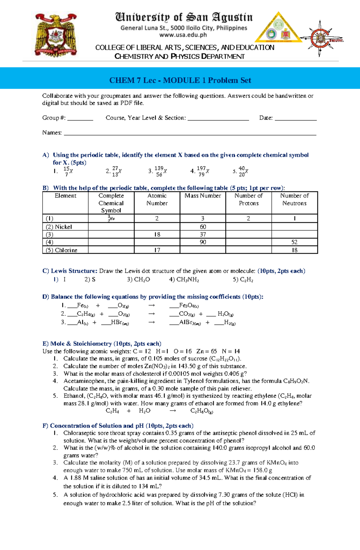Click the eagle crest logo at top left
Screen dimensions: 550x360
click(56, 35)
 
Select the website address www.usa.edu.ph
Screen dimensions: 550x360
click(183, 35)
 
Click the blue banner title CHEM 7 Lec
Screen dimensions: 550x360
click(180, 80)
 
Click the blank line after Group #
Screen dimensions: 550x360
click(80, 119)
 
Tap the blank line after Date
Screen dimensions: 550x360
click(295, 119)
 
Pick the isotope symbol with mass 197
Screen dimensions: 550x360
click(203, 171)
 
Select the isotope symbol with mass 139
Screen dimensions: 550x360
click(161, 171)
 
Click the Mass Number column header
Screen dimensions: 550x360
click(203, 196)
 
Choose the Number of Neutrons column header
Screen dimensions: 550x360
click(294, 199)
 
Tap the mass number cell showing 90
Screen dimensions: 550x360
click(203, 242)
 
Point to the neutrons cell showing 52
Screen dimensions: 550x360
click(294, 242)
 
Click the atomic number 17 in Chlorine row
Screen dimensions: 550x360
click(157, 250)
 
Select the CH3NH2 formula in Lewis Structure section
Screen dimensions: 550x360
click(184, 280)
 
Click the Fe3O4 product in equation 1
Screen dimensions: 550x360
click(189, 305)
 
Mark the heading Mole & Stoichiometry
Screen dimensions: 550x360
click(102, 343)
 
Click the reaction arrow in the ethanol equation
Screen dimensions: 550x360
click(173, 411)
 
